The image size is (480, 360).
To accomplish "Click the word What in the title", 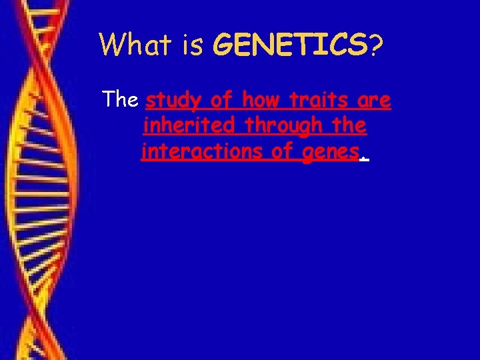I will pyautogui.click(x=135, y=45).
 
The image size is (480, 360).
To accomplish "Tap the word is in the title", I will pyautogui.click(x=193, y=45).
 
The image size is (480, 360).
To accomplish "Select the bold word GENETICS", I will pyautogui.click(x=289, y=45).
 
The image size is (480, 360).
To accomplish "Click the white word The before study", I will pyautogui.click(x=119, y=101).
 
